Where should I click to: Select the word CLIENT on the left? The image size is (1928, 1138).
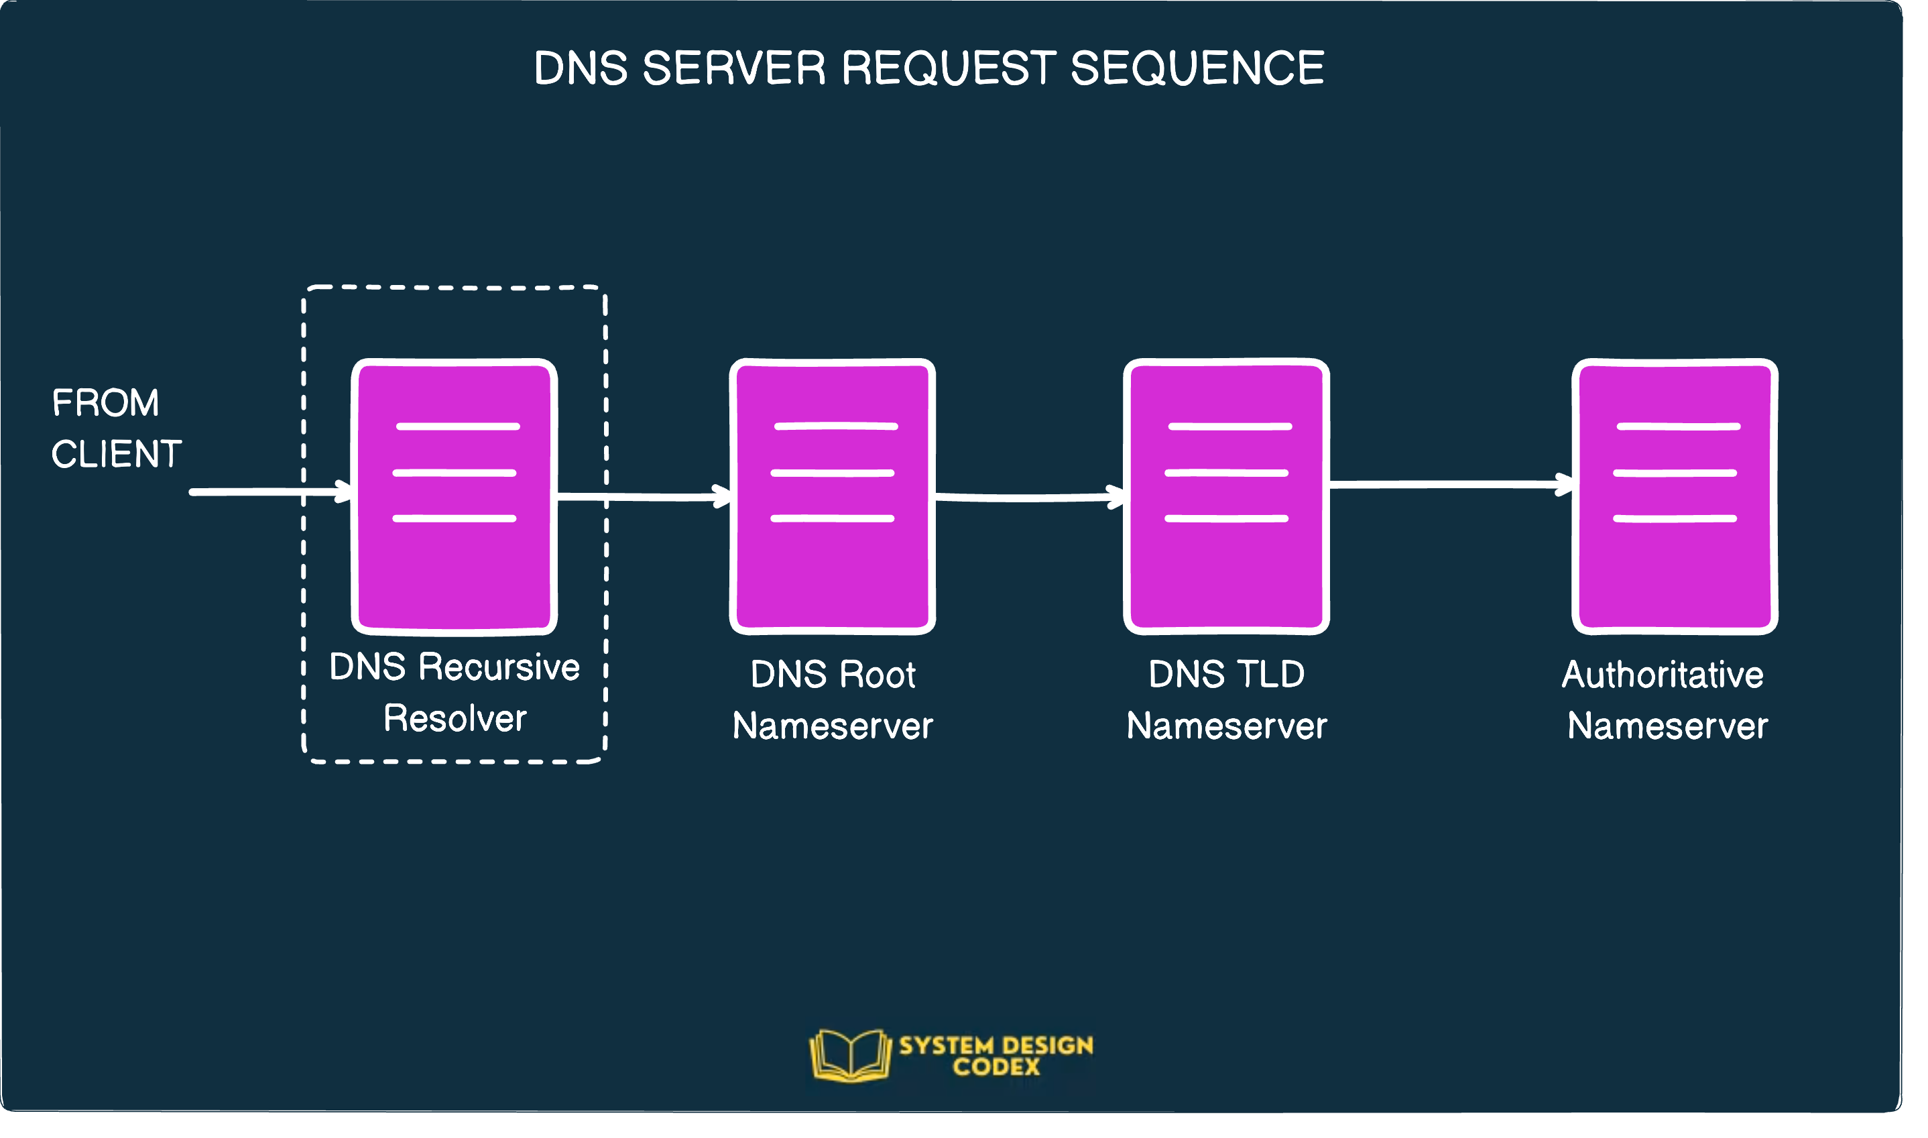pos(117,454)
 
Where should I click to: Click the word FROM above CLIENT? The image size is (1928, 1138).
pos(106,402)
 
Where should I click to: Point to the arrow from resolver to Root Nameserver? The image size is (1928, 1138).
pos(644,497)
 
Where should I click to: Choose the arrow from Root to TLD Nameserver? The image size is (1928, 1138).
pos(1027,498)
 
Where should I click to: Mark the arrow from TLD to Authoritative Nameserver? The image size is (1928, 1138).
pos(1449,484)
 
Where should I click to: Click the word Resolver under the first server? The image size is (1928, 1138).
pos(455,718)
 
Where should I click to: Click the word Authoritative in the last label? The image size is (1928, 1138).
pos(1663,675)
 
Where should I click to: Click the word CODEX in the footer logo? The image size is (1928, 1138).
pos(997,1067)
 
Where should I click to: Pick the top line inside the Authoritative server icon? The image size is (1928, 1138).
pos(1678,426)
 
